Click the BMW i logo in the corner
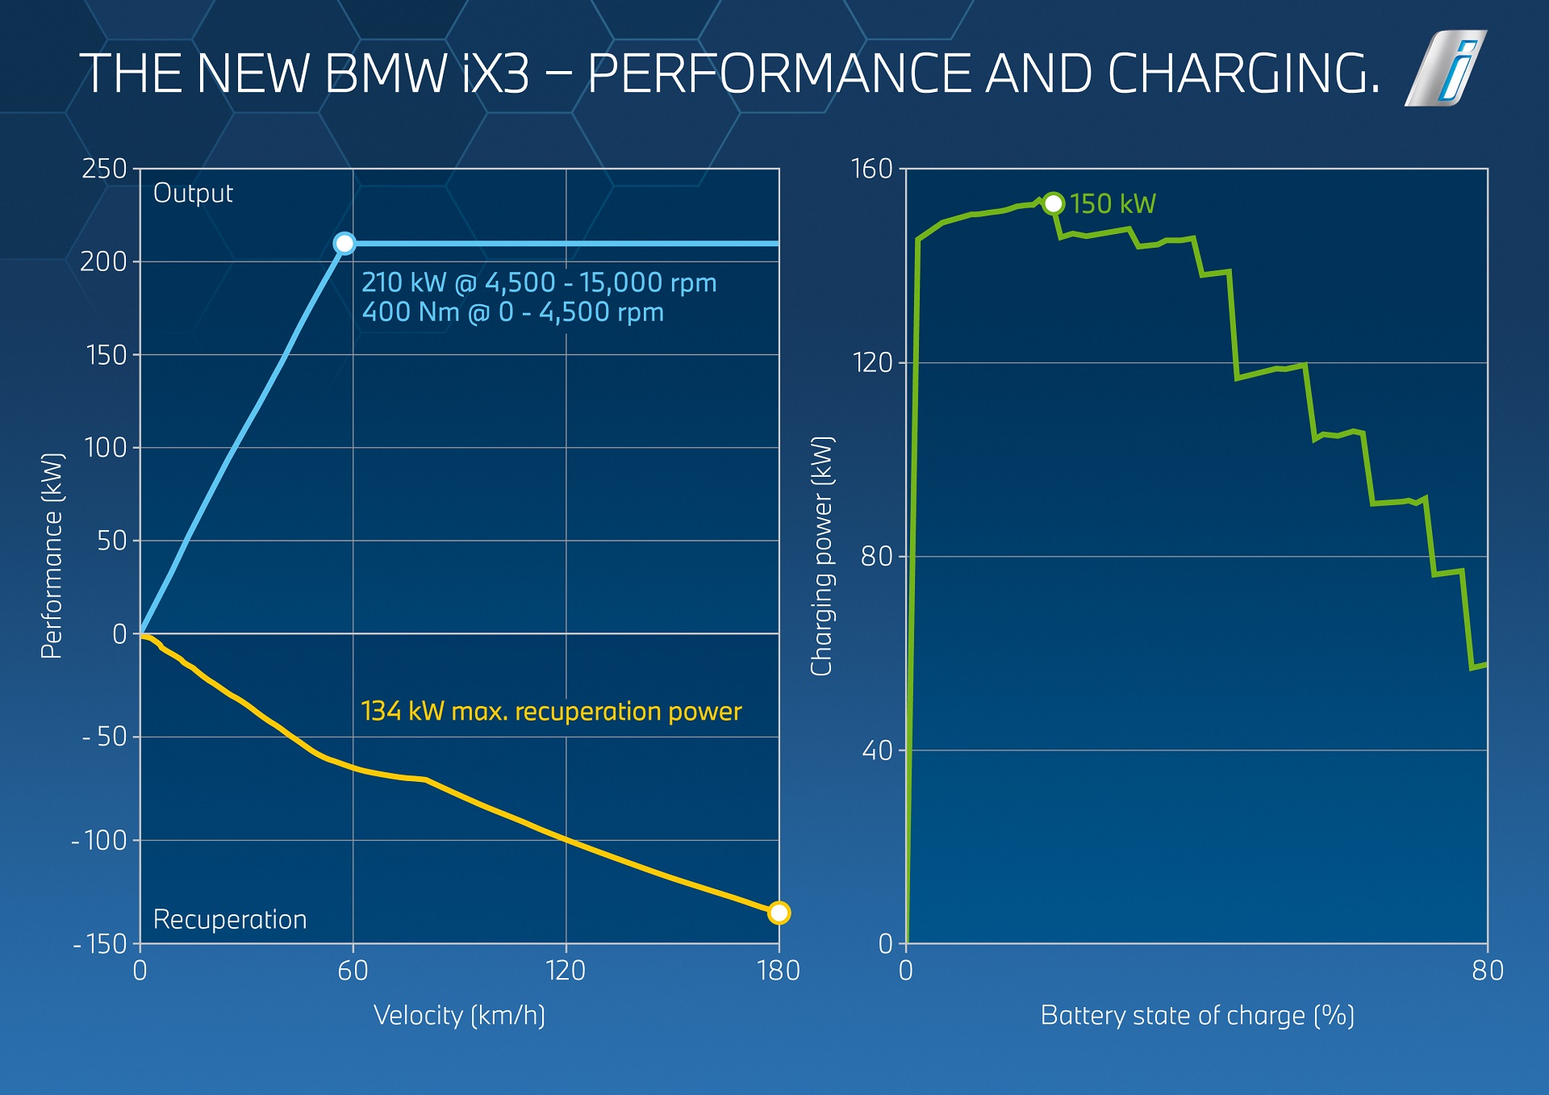tap(1447, 69)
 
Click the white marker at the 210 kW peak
tap(344, 244)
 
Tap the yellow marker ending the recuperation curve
tap(779, 913)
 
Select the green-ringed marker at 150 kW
tap(1053, 203)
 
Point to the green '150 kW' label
tap(1113, 204)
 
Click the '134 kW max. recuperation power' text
tap(551, 712)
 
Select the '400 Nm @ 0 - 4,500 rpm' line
tap(512, 312)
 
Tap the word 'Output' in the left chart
tap(193, 194)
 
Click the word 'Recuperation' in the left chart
tap(230, 920)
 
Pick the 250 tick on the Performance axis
tap(105, 169)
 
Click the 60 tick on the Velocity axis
tap(353, 970)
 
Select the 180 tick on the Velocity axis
tap(779, 970)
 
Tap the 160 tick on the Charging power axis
tap(872, 169)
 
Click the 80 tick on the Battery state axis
tap(1487, 970)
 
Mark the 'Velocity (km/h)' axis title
tap(459, 1015)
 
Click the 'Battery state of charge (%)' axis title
tap(1197, 1015)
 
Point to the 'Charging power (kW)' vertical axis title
tap(821, 557)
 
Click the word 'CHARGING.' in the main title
tap(1243, 74)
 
